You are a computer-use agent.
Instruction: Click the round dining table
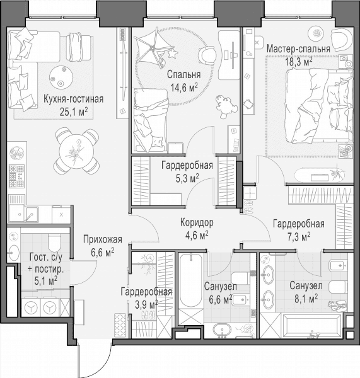pos(76,151)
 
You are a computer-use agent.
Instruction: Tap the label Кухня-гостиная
pos(73,99)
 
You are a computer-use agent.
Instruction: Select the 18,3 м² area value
pos(299,62)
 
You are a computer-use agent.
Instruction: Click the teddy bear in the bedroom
pos(226,106)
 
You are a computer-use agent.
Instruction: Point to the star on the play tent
pos(173,54)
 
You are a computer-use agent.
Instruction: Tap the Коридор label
pos(197,222)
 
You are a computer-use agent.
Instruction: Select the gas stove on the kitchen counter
pos(16,176)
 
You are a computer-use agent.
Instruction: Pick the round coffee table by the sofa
pos(61,77)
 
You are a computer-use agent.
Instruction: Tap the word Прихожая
pos(103,239)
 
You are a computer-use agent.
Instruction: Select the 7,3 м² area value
pos(299,237)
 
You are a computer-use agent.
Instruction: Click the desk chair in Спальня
pos(207,55)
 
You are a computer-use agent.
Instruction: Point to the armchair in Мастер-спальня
pos(341,39)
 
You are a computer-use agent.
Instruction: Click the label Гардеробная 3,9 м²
pos(146,298)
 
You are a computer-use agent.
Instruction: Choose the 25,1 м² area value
pos(73,112)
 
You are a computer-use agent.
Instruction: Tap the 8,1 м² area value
pos(306,299)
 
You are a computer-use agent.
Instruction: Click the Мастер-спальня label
pos(298,49)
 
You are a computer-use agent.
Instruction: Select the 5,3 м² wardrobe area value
pos(187,179)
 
